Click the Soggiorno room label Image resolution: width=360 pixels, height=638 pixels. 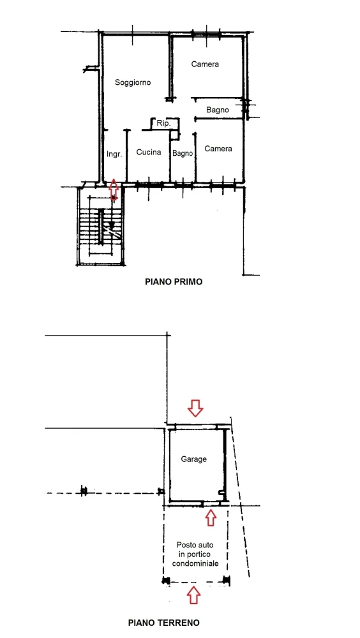pyautogui.click(x=133, y=82)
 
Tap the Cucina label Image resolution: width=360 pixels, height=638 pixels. pyautogui.click(x=149, y=152)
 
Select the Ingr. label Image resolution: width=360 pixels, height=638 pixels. pyautogui.click(x=114, y=154)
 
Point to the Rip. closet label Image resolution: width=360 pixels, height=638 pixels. pyautogui.click(x=163, y=123)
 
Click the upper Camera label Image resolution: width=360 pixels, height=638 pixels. pyautogui.click(x=205, y=64)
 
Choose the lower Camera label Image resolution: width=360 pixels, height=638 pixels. pyautogui.click(x=218, y=149)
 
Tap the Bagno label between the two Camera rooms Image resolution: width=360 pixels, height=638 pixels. pyautogui.click(x=218, y=110)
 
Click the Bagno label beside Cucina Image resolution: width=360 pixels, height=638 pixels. pyautogui.click(x=183, y=153)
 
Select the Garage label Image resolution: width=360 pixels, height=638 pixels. pyautogui.click(x=194, y=459)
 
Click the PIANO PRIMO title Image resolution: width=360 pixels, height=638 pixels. pyautogui.click(x=174, y=281)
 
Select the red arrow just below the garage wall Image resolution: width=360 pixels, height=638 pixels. pyautogui.click(x=210, y=517)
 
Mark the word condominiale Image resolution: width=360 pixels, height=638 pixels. pyautogui.click(x=195, y=563)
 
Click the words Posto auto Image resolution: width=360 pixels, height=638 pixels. pyautogui.click(x=195, y=544)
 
